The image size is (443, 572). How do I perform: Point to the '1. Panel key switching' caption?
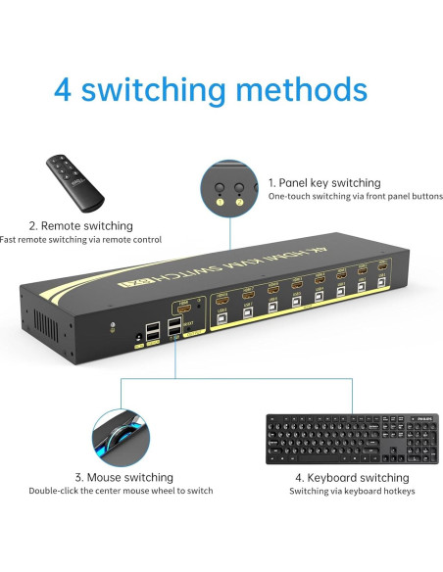point(324,182)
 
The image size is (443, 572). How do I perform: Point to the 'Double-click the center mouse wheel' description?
point(121,491)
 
